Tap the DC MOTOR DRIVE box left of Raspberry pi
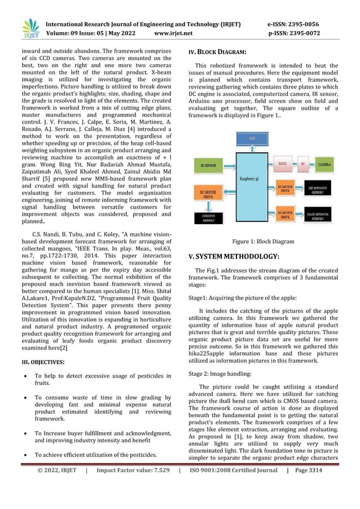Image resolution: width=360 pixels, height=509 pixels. (x=208, y=193)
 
